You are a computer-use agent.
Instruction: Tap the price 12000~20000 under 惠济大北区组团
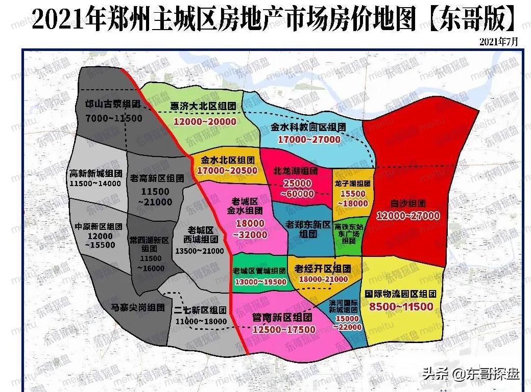coord(205,121)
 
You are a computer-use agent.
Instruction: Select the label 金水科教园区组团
coord(308,127)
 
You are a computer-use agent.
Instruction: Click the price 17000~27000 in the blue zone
coord(309,139)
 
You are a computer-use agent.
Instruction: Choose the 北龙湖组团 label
coord(296,171)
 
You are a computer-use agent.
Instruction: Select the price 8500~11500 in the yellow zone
coord(401,306)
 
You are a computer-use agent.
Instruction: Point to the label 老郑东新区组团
coord(308,229)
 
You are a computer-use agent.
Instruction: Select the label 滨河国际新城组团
coord(347,306)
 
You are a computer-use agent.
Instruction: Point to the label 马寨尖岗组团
coord(137,307)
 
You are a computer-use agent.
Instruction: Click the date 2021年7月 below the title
coord(498,42)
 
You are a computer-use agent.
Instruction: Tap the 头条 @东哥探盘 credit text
coord(470,375)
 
